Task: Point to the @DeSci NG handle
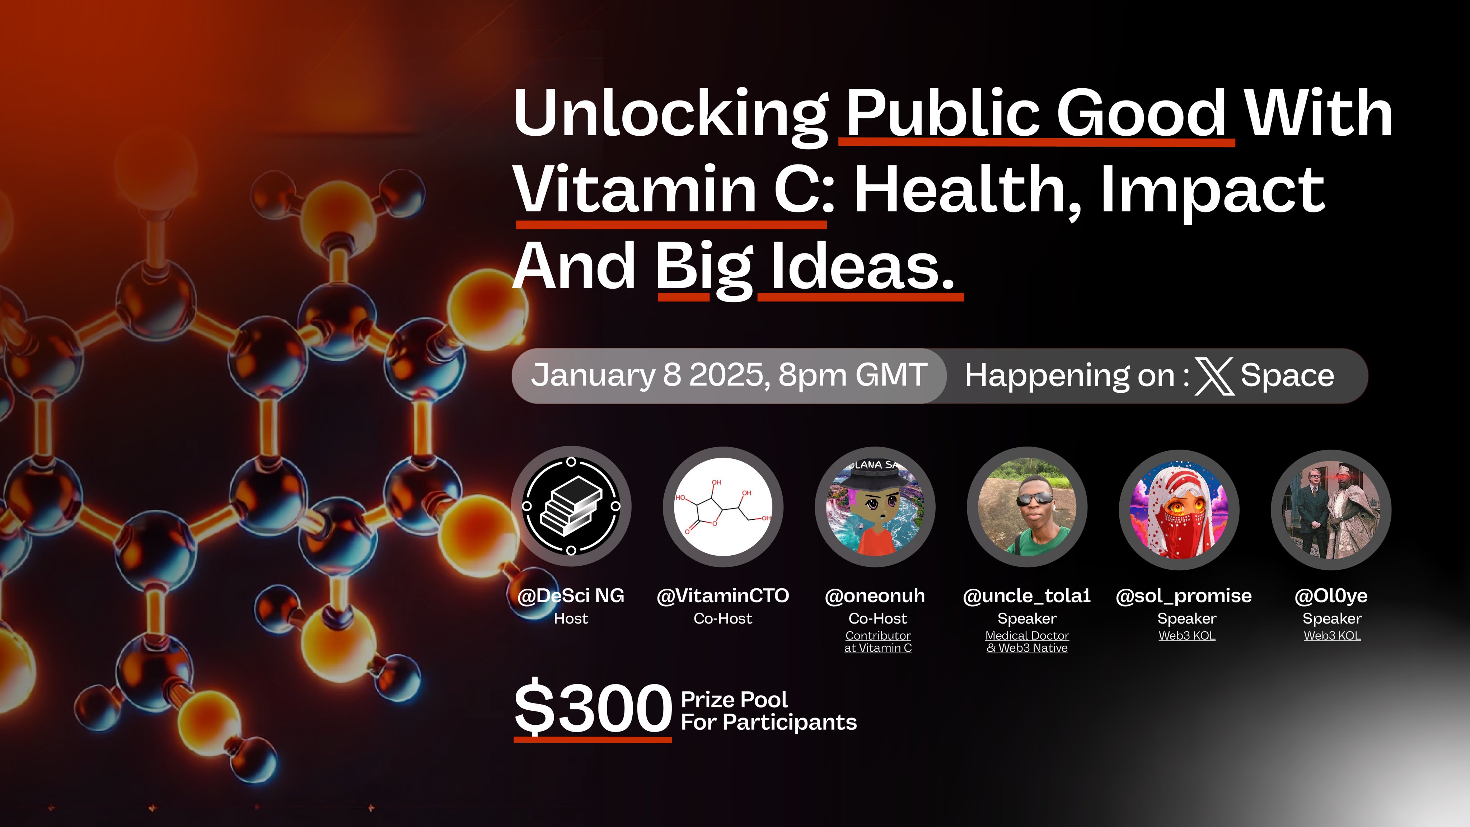571,596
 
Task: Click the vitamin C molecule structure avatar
723,506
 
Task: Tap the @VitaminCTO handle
723,596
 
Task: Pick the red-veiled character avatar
1179,509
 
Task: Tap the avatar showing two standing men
1331,510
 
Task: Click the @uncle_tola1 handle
1027,596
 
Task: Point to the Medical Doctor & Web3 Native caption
1027,641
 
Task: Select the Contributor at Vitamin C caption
878,641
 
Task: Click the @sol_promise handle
1184,596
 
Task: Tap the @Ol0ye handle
1331,596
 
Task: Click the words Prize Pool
734,700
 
